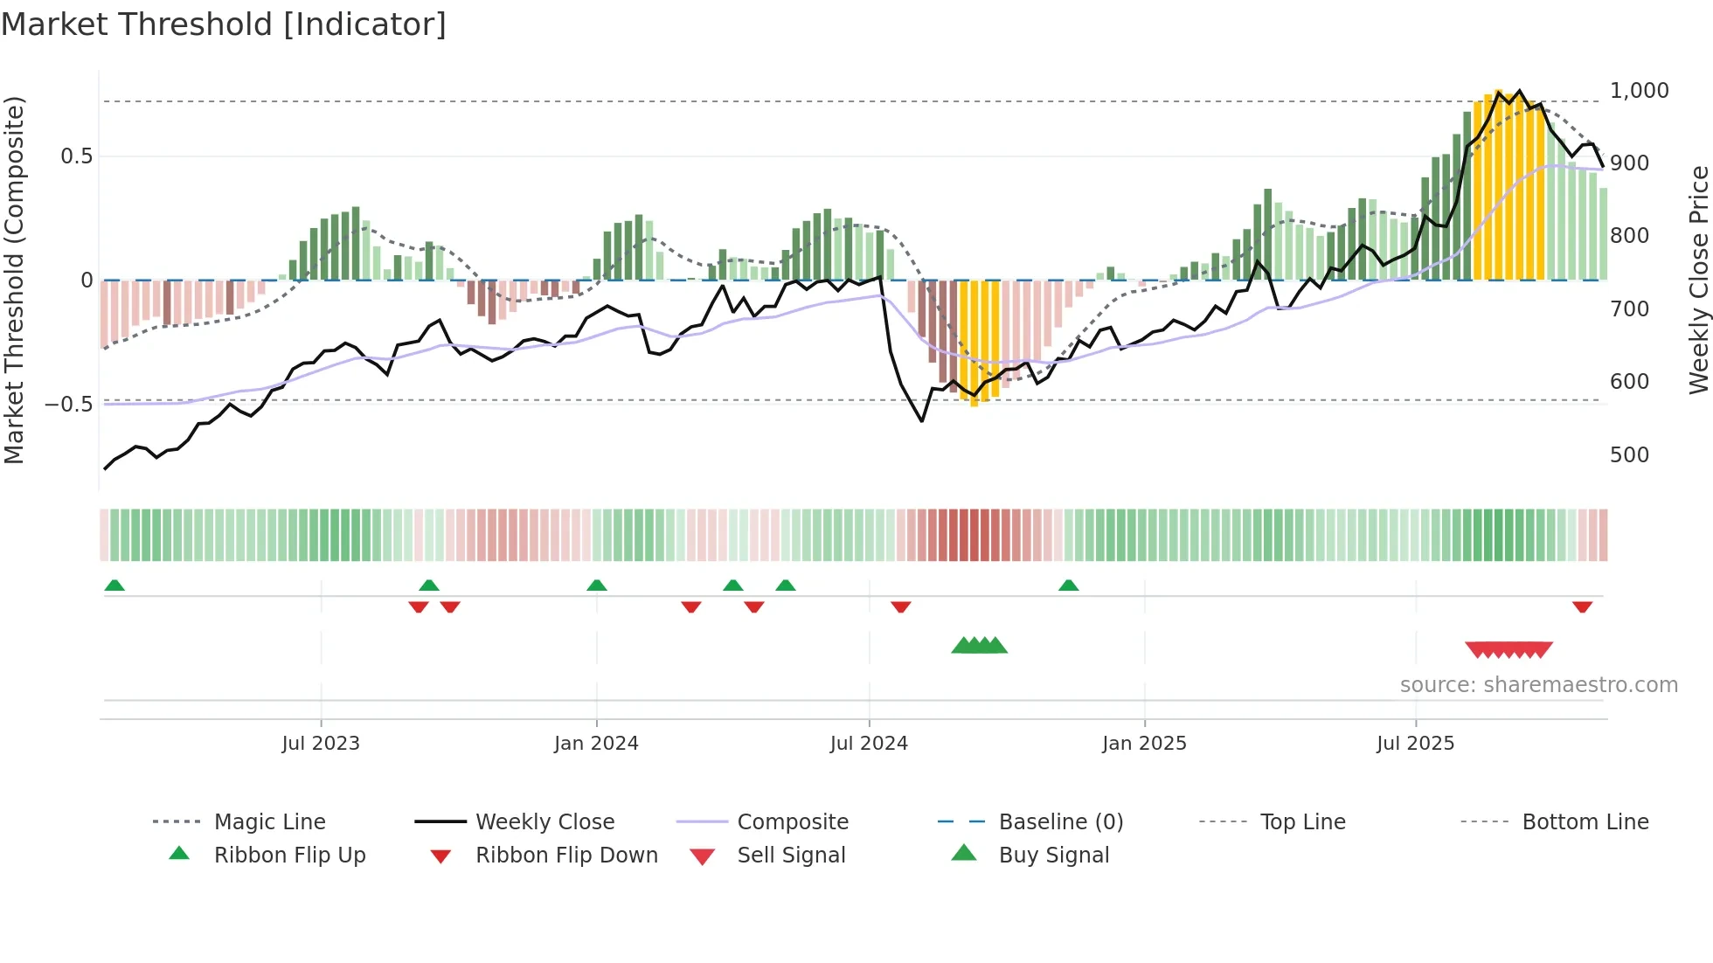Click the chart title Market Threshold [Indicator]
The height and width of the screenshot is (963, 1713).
224,24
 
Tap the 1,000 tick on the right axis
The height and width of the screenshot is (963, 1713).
1639,91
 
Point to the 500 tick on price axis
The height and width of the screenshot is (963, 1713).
1629,455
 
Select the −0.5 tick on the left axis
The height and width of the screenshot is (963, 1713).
68,405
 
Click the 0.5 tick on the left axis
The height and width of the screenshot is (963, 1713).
76,156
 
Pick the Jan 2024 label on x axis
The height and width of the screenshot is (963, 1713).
596,744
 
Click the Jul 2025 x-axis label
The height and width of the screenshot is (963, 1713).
1415,744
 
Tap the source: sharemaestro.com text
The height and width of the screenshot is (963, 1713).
1538,685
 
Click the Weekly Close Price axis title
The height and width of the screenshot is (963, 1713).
1698,280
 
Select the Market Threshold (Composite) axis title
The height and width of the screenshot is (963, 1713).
14,280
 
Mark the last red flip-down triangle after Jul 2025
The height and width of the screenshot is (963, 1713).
1582,606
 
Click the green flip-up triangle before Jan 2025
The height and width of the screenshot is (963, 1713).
1068,585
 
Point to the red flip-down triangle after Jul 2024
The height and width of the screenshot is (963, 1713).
901,606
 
